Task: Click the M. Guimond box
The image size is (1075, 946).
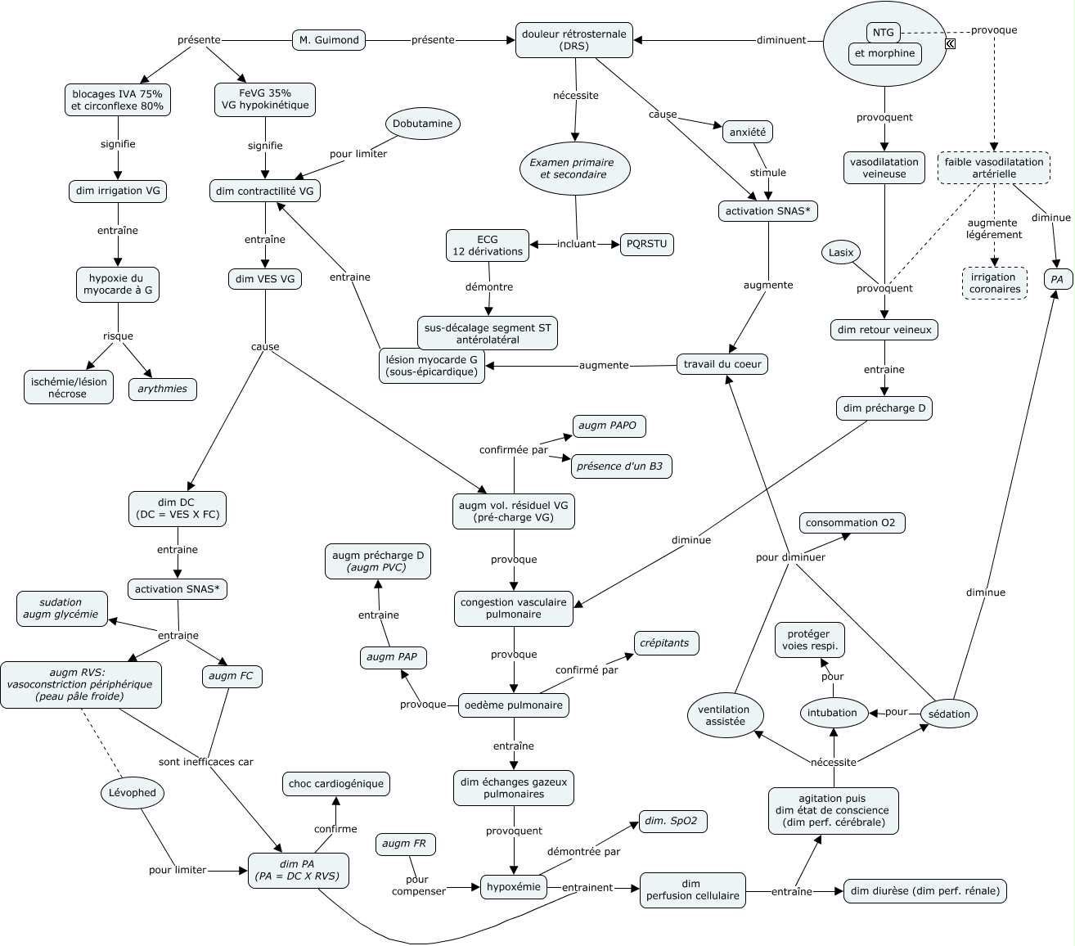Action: [x=328, y=39]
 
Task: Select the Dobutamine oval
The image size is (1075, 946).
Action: [x=423, y=124]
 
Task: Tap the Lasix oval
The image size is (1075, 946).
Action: [x=841, y=253]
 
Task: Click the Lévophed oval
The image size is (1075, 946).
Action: [x=133, y=792]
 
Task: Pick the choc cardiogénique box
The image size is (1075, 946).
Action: [x=335, y=784]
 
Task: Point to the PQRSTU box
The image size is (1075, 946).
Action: [x=647, y=244]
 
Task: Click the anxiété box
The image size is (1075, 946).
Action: [x=747, y=131]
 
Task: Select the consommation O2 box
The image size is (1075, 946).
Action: [x=852, y=523]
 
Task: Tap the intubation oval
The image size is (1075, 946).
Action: [x=832, y=713]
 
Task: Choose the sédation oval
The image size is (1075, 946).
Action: [x=949, y=714]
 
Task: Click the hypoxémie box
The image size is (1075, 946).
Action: [x=514, y=887]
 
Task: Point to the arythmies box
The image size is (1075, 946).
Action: [x=163, y=389]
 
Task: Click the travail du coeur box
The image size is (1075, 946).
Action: [x=722, y=364]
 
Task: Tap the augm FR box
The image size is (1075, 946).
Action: [x=406, y=844]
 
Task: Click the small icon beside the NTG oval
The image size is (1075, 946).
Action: [x=950, y=44]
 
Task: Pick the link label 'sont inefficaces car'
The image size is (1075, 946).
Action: [x=206, y=762]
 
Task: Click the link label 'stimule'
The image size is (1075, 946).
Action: [x=767, y=173]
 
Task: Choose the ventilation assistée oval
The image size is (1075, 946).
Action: [x=726, y=716]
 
